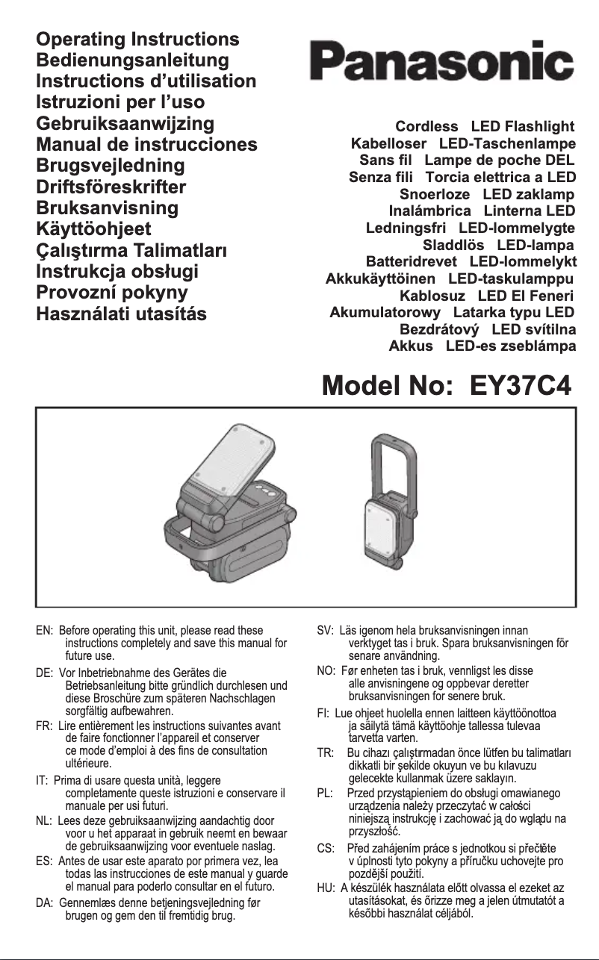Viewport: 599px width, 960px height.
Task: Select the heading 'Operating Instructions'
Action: [x=138, y=39]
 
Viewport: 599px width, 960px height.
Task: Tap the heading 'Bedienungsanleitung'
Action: [x=133, y=60]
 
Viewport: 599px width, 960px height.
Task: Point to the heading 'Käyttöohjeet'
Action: [x=94, y=228]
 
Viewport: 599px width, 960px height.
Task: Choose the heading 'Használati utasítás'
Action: [x=122, y=313]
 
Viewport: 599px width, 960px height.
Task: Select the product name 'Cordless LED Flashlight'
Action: [x=485, y=126]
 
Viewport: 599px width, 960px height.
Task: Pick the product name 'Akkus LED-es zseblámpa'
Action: [x=482, y=346]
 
